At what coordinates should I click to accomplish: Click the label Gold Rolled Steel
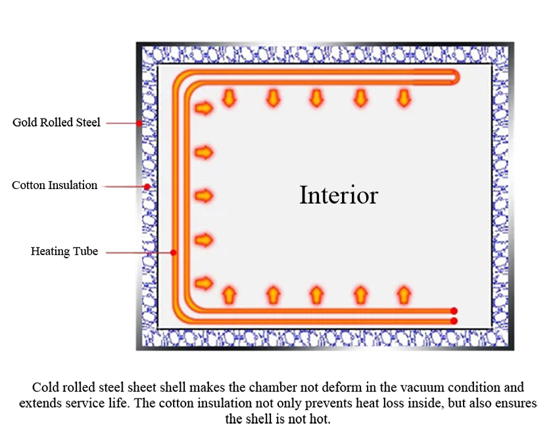[x=57, y=123]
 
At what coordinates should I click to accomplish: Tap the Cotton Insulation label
[x=55, y=186]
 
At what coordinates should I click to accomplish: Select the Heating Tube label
[x=64, y=252]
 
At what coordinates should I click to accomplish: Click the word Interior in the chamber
[x=339, y=195]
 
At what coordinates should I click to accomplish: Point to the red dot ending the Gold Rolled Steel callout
[x=139, y=123]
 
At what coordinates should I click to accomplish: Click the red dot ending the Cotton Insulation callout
[x=147, y=186]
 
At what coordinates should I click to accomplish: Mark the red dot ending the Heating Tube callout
[x=173, y=252]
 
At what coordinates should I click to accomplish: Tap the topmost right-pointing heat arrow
[x=205, y=107]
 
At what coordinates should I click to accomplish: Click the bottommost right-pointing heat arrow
[x=205, y=283]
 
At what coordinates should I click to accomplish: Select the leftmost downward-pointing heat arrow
[x=229, y=98]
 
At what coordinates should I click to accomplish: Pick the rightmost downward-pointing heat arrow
[x=404, y=98]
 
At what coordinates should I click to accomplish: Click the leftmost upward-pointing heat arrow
[x=229, y=294]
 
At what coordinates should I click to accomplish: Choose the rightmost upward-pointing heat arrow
[x=404, y=294]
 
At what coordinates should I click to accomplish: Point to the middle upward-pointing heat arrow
[x=316, y=294]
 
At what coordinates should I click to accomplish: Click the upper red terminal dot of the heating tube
[x=454, y=311]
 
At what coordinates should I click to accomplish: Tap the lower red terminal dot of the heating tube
[x=454, y=321]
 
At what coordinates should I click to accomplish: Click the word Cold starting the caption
[x=44, y=387]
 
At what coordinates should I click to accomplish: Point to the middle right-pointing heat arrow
[x=205, y=196]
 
